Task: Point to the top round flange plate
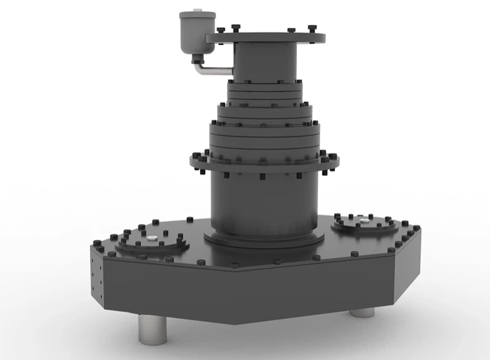267,38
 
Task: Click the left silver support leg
152,330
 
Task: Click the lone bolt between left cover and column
189,219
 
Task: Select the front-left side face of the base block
171,289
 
